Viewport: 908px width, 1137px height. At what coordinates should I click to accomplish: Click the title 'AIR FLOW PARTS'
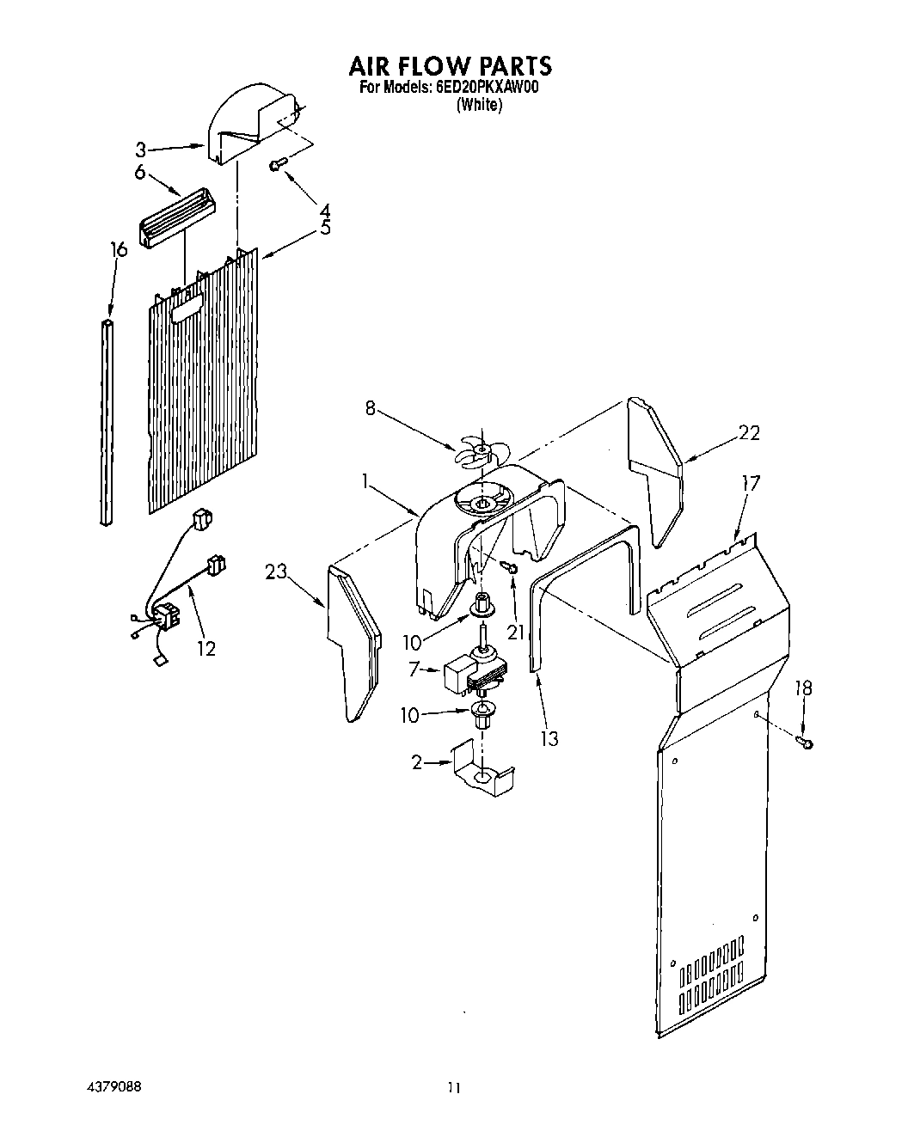(x=450, y=65)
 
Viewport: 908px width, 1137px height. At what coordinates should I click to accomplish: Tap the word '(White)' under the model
(x=479, y=105)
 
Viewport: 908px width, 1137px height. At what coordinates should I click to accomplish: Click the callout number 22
(x=749, y=433)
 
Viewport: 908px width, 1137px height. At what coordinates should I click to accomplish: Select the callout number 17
(x=751, y=484)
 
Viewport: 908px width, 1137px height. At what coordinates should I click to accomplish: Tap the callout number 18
(x=804, y=688)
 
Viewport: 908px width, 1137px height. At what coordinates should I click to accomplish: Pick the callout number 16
(x=119, y=249)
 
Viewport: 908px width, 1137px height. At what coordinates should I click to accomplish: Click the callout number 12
(x=206, y=649)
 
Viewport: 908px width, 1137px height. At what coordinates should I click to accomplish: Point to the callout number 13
(x=549, y=737)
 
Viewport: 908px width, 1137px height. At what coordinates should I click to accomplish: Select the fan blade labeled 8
(x=476, y=450)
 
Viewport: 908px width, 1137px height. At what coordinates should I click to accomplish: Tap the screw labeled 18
(x=806, y=743)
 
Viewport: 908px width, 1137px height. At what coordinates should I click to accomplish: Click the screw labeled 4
(x=277, y=163)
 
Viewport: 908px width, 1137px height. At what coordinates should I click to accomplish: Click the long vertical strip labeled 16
(x=106, y=421)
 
